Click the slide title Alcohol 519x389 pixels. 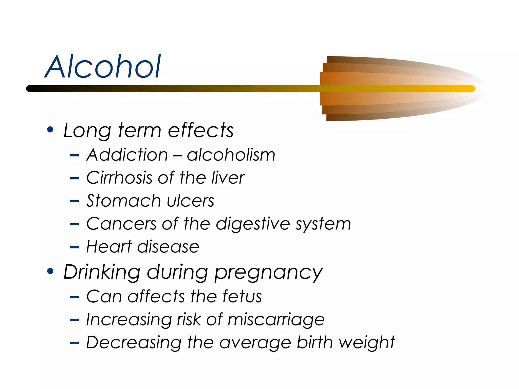coord(103,66)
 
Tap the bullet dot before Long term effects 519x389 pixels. coord(50,130)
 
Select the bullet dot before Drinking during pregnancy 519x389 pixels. coord(50,271)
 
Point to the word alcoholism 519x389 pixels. coord(231,155)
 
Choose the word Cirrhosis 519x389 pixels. coord(119,178)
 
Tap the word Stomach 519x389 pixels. coord(123,201)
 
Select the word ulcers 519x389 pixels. coord(191,201)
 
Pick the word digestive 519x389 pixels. coord(253,224)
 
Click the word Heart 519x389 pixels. coord(109,246)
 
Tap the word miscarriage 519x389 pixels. coord(276,320)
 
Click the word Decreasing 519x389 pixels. coord(134,343)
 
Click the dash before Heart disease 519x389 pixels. coord(74,247)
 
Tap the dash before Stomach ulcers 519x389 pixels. coord(74,201)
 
